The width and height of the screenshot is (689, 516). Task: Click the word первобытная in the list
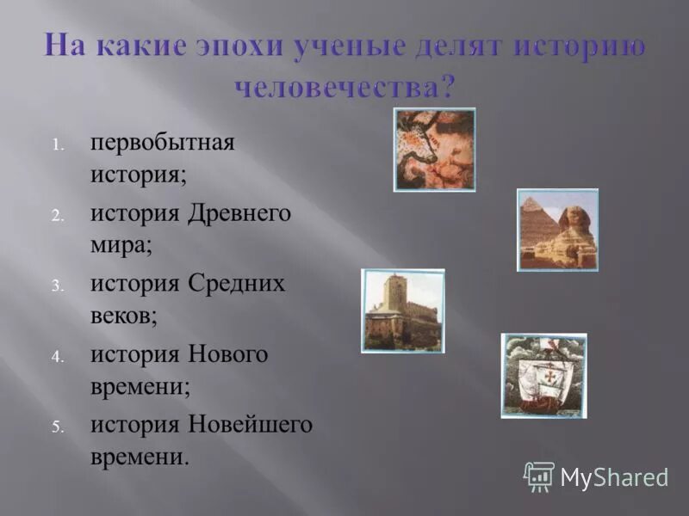click(x=162, y=142)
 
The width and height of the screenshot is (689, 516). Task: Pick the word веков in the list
click(x=122, y=315)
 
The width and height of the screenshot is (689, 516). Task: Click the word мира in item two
click(x=120, y=244)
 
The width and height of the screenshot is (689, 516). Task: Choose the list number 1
click(x=57, y=144)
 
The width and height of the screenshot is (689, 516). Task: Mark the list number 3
click(x=57, y=286)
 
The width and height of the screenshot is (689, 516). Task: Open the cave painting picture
click(x=434, y=149)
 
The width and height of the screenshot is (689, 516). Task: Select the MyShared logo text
click(x=614, y=477)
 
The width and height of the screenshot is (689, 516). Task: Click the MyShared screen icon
click(x=539, y=476)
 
